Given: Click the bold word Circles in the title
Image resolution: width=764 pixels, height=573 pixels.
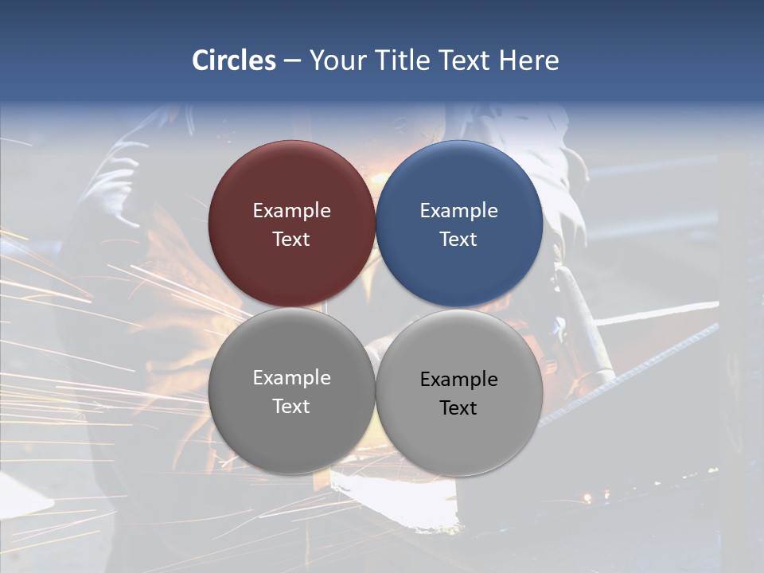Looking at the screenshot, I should (234, 60).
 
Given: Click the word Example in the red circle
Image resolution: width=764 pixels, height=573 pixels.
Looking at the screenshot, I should (291, 211).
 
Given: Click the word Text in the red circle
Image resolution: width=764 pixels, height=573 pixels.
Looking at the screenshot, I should (291, 240).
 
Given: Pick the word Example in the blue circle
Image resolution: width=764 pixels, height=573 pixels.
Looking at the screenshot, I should (459, 211).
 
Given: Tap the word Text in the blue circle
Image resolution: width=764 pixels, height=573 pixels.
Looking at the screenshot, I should (459, 240).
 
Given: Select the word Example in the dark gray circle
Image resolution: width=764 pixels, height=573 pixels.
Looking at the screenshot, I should (291, 378).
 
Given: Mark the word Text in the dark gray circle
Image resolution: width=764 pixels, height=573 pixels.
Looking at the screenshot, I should (291, 407).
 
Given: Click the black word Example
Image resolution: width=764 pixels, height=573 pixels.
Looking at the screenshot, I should (459, 380).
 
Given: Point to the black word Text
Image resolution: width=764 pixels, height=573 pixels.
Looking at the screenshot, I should (459, 408).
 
